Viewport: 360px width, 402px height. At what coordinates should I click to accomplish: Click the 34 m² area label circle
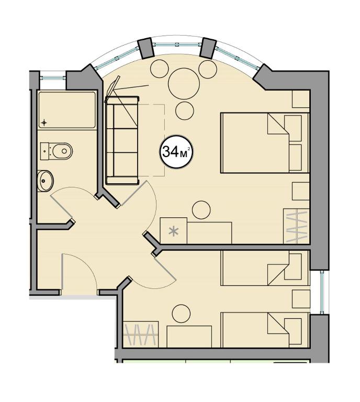pos(176,152)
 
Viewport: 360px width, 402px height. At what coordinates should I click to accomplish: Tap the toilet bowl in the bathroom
pos(62,151)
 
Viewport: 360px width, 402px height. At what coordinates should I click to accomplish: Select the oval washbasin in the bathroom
pos(45,181)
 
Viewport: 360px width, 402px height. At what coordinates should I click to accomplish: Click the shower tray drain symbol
pos(44,123)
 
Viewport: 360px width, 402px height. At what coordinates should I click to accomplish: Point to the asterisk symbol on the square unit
pos(174,231)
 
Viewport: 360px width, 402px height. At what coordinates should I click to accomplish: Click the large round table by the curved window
pos(184,84)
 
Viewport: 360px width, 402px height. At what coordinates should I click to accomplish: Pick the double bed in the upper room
pos(265,143)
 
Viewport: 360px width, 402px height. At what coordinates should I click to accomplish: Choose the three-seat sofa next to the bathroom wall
pos(122,140)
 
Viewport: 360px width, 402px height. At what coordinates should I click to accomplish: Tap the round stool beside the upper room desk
pos(201,210)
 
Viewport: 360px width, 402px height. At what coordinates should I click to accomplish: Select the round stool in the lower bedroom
pos(181,314)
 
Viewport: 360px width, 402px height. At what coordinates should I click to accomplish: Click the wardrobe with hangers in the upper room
pos(297,226)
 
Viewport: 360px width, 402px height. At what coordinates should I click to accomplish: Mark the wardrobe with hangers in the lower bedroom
pos(141,334)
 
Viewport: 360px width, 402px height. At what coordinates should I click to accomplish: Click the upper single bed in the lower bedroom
pos(265,268)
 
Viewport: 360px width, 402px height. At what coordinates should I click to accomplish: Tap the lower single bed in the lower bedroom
pos(265,330)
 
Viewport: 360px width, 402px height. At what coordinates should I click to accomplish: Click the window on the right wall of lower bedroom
pos(322,292)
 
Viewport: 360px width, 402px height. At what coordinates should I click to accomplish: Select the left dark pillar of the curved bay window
pos(146,48)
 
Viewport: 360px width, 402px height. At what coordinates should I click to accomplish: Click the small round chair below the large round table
pos(185,110)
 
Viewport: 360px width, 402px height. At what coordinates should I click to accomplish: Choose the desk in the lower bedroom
pos(189,337)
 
